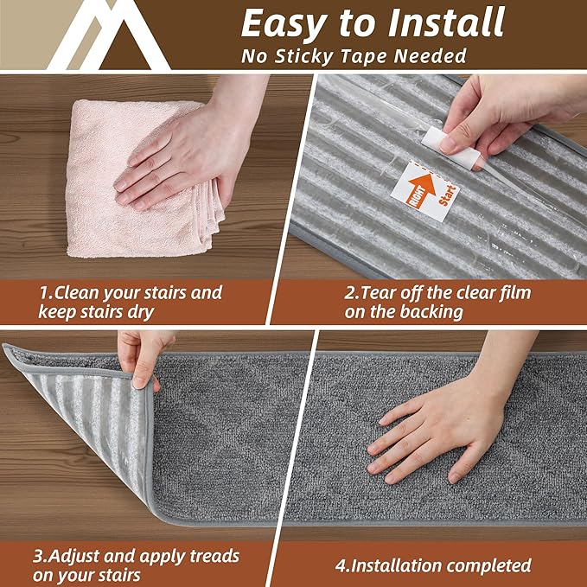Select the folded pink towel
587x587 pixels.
tap(138, 182)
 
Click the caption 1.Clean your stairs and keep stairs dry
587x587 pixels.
tap(130, 302)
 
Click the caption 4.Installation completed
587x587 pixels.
tap(432, 566)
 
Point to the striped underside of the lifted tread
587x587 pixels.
tap(86, 415)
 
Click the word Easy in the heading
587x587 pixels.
tap(278, 23)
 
